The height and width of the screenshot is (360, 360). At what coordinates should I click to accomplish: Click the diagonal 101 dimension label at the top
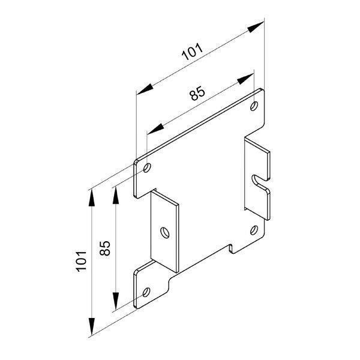click(x=192, y=52)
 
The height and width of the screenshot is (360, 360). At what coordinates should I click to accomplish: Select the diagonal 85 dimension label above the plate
click(x=197, y=93)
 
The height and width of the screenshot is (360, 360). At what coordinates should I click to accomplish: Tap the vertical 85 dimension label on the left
click(x=105, y=248)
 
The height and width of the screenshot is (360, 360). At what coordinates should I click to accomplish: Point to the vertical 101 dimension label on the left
click(x=82, y=262)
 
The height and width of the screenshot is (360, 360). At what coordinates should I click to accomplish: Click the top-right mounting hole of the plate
click(x=254, y=106)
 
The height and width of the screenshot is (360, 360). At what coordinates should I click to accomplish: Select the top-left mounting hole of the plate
click(x=147, y=167)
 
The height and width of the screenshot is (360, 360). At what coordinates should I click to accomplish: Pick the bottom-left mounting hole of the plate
click(x=146, y=292)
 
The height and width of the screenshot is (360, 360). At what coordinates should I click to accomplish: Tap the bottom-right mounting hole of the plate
click(x=254, y=230)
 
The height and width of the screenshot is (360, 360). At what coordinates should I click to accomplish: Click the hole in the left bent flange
click(x=165, y=233)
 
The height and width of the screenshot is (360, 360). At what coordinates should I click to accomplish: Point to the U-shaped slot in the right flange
click(x=257, y=181)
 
